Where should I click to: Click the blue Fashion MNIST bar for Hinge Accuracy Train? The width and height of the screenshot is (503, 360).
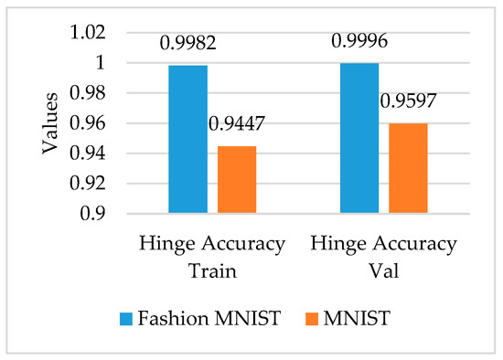click(x=187, y=139)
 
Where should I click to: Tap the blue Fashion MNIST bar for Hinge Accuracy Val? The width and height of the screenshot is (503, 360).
click(x=359, y=138)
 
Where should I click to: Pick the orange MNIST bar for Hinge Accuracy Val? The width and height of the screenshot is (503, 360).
click(x=407, y=168)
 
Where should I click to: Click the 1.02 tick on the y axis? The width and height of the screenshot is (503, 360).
click(x=88, y=33)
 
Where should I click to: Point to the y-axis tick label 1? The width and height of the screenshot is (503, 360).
click(x=101, y=63)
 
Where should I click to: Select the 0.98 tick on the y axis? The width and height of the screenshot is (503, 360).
click(x=88, y=93)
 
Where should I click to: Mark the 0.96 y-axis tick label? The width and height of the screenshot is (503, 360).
click(x=88, y=123)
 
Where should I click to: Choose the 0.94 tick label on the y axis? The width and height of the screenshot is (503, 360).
click(x=88, y=154)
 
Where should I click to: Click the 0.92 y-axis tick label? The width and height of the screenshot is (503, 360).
click(x=88, y=184)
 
